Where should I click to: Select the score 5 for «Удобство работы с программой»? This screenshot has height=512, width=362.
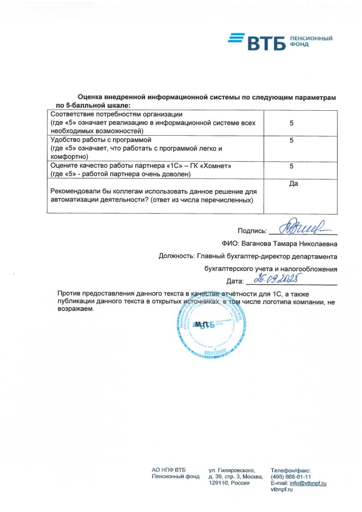click(291, 141)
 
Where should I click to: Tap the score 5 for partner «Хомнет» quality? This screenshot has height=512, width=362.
click(291, 166)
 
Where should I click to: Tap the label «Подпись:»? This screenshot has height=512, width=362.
click(252, 231)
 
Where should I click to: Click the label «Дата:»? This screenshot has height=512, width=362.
click(235, 281)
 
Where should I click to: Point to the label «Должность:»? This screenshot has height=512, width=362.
click(176, 256)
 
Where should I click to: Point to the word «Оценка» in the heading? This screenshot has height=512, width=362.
click(91, 98)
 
